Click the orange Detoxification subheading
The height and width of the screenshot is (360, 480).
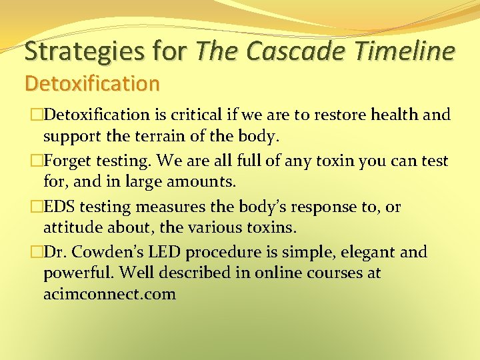tap(92, 83)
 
